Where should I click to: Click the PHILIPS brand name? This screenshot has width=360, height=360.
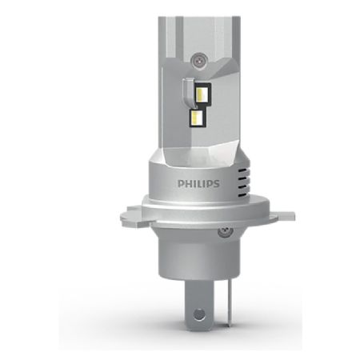[x=198, y=183]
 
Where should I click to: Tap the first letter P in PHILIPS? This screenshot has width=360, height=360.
[x=181, y=183]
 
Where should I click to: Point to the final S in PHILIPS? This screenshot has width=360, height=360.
[x=217, y=183]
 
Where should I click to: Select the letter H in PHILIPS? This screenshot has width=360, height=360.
[x=188, y=183]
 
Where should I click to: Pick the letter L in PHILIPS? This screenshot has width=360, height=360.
[x=199, y=183]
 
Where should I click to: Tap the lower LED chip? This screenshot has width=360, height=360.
[x=197, y=118]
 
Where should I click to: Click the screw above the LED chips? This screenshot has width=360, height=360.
[x=198, y=61]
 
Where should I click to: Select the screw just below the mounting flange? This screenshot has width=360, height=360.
[x=226, y=231]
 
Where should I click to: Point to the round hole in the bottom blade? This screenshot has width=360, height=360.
[x=199, y=314]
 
